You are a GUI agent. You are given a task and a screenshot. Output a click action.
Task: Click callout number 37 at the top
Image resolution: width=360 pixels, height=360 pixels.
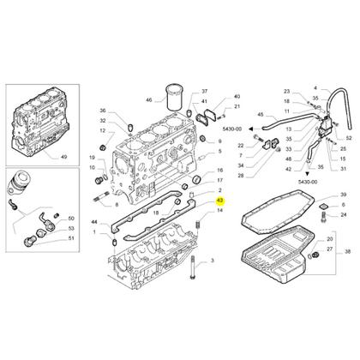pos(205,90)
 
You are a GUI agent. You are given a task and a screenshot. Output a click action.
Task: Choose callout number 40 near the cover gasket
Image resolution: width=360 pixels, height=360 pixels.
pos(237,97)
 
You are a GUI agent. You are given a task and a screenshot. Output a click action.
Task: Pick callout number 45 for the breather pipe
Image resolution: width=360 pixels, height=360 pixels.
pos(261,114)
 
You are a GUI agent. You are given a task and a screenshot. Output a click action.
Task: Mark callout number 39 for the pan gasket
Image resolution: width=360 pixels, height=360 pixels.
pos(343,196)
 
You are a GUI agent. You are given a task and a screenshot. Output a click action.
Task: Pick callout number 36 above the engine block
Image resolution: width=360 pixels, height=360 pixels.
pos(101,111)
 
